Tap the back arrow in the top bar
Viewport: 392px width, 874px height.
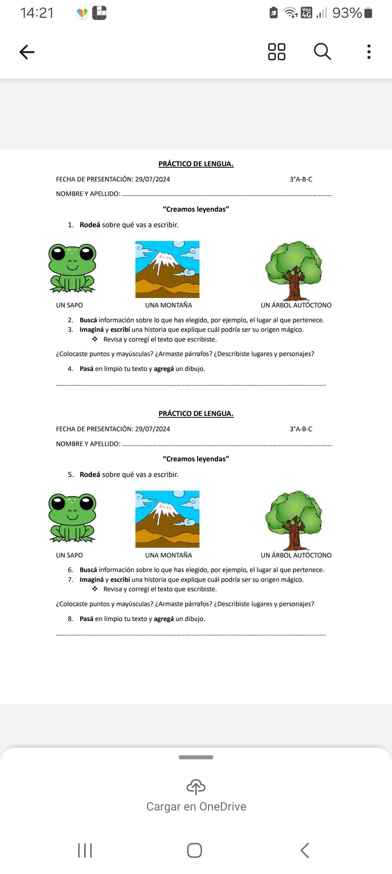(x=27, y=52)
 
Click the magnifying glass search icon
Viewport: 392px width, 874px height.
(x=322, y=52)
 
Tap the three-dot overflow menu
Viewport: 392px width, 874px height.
(x=369, y=52)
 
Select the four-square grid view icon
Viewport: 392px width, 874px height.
(x=277, y=52)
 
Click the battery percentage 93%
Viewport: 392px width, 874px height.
(x=347, y=13)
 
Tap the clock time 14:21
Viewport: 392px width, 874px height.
(x=37, y=13)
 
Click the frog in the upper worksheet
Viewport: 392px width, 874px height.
(x=72, y=268)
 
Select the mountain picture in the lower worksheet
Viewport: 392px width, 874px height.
(x=167, y=519)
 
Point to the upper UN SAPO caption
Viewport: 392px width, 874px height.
(x=69, y=305)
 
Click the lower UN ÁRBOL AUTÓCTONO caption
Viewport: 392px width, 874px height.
(x=296, y=555)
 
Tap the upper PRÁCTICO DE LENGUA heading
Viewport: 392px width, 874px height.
(x=196, y=164)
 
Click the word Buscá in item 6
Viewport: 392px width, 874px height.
(x=88, y=570)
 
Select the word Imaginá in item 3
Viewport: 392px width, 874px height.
(x=91, y=330)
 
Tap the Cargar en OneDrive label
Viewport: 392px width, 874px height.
(x=196, y=806)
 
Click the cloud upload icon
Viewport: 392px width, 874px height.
(x=196, y=787)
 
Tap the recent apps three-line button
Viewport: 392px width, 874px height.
(x=85, y=850)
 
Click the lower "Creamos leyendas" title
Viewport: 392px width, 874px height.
(x=196, y=459)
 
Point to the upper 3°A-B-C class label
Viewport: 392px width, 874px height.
(x=301, y=179)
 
